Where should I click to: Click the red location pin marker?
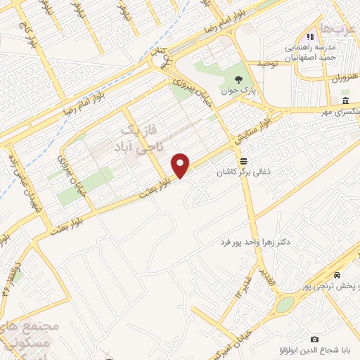[181, 165]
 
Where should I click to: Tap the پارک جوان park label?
[233, 91]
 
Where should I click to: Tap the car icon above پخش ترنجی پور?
[337, 274]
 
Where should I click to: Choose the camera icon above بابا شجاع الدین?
[314, 339]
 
